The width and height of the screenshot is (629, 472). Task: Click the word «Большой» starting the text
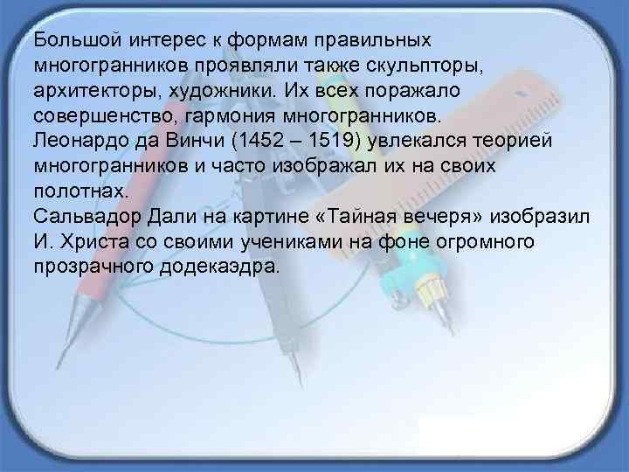pyautogui.click(x=68, y=41)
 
